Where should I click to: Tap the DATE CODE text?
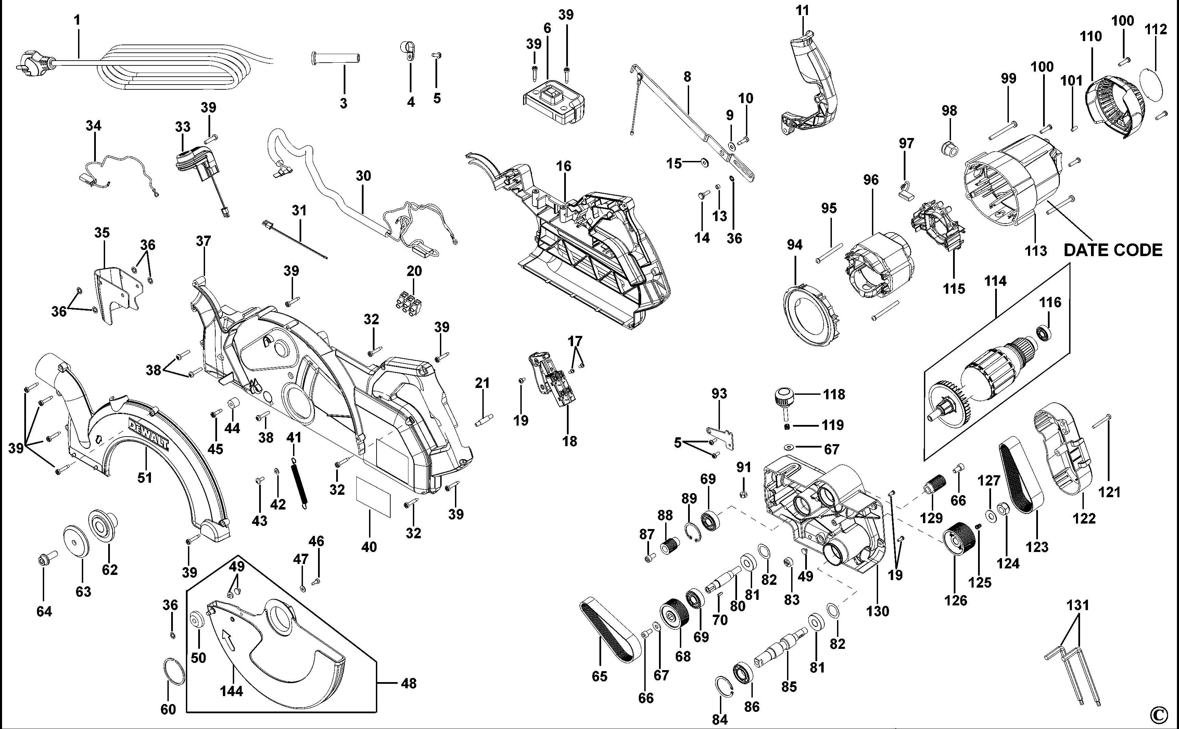tap(1113, 250)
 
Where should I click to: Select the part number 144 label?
tap(231, 691)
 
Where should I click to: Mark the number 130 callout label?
tap(877, 611)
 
